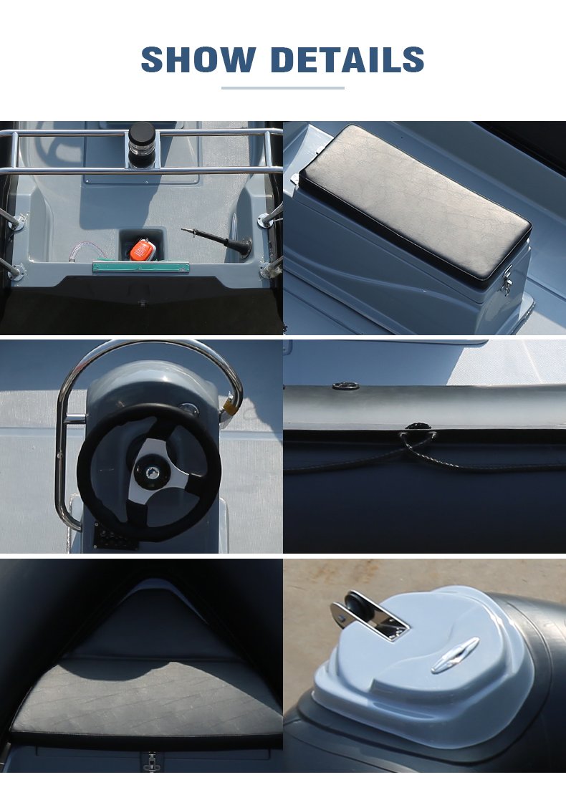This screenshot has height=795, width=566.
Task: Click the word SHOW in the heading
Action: (x=198, y=59)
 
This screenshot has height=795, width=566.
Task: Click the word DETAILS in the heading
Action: (x=347, y=59)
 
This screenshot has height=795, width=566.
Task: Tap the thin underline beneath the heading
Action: (x=283, y=88)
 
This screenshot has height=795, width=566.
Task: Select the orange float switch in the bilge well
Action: (x=142, y=249)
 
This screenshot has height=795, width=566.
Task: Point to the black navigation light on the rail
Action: (x=142, y=144)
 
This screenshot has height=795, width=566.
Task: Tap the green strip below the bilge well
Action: (x=141, y=266)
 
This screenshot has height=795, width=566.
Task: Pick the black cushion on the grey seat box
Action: (x=415, y=202)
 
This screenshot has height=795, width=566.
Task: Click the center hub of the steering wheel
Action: (x=150, y=473)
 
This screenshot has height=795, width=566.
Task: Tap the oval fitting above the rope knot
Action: (x=346, y=387)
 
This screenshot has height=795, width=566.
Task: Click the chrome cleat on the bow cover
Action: (x=455, y=655)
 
